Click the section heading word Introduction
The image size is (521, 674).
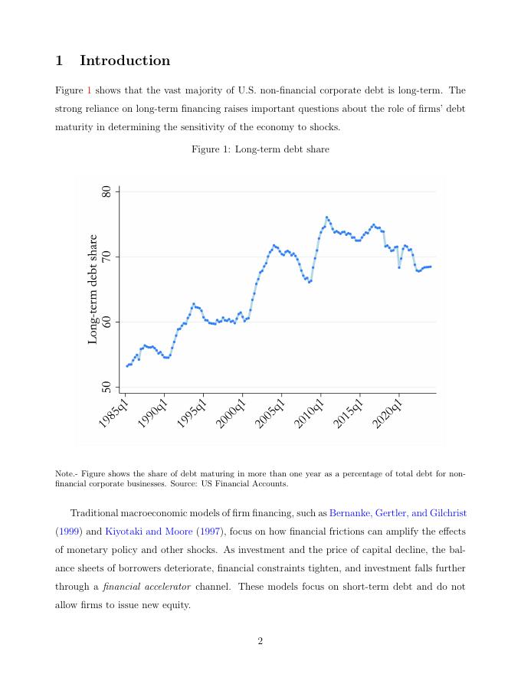[125, 61]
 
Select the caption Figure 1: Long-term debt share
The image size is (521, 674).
[260, 149]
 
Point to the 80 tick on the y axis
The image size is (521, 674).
[107, 191]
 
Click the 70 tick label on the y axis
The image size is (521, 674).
[107, 257]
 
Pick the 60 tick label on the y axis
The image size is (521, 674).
[107, 322]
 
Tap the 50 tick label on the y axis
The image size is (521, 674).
[107, 387]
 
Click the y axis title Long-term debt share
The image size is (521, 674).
[93, 290]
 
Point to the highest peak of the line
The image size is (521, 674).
[326, 218]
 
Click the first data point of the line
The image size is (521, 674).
[127, 366]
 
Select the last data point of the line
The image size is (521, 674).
[431, 267]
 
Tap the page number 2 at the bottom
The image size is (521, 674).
[260, 641]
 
